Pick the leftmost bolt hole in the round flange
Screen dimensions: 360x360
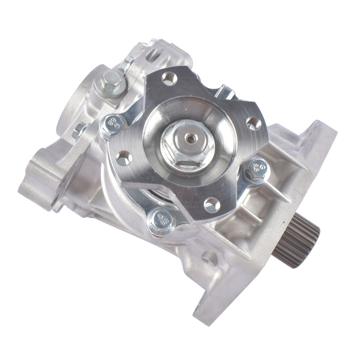(123, 159)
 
